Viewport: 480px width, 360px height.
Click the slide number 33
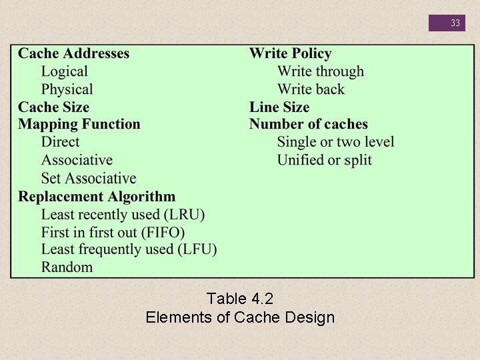455,23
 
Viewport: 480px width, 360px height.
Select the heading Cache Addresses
73,53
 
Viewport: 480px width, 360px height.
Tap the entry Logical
64,71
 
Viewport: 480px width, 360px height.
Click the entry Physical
67,89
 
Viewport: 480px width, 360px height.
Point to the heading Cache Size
53,107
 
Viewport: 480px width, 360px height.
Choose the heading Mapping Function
79,124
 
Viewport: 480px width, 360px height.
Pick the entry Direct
60,142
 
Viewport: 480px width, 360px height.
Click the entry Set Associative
88,178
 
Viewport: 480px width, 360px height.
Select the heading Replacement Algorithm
97,196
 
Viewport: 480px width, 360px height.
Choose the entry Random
67,267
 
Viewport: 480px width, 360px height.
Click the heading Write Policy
290,53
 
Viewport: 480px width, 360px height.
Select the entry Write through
321,71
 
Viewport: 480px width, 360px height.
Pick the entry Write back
311,89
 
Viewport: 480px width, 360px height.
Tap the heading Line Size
279,107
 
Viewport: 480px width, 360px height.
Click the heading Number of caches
308,124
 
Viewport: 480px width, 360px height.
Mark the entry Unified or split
324,160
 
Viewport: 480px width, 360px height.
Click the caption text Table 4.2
239,298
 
